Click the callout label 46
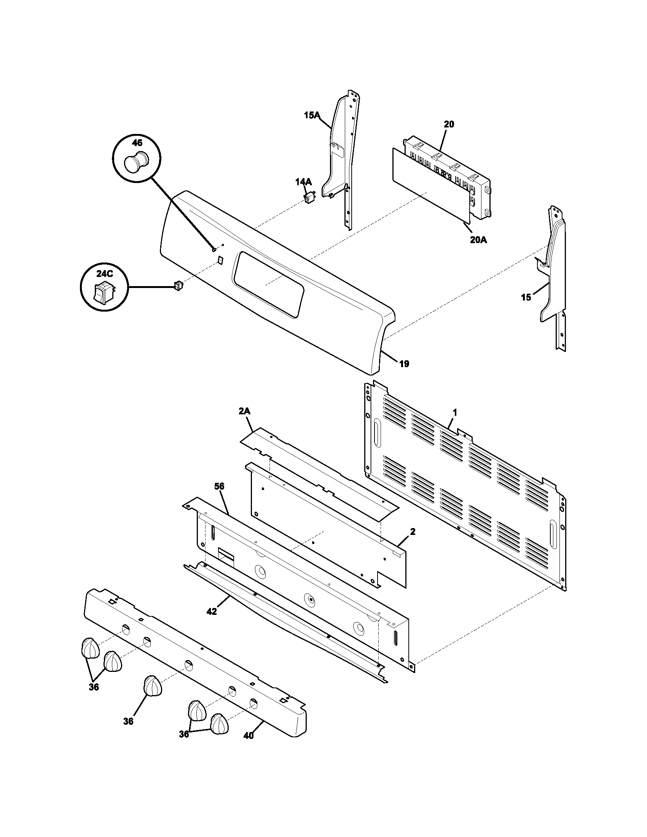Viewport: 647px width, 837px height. pos(137,143)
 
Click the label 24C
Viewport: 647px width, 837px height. pos(104,274)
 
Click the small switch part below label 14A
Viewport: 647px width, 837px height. pos(309,198)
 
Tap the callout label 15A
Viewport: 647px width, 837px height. pos(312,115)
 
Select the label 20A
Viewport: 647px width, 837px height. pos(478,240)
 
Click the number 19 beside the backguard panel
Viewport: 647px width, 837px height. pos(404,364)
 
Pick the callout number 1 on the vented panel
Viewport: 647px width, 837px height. pos(454,413)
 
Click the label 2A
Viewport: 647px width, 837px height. pos(244,411)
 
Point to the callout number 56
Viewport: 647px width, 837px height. pos(219,486)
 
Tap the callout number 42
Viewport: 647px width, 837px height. pos(212,612)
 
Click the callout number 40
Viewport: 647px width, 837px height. pos(249,735)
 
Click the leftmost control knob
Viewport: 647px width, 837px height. pos(90,648)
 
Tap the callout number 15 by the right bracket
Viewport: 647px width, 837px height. pos(526,297)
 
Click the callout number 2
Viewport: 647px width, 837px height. pos(413,531)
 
